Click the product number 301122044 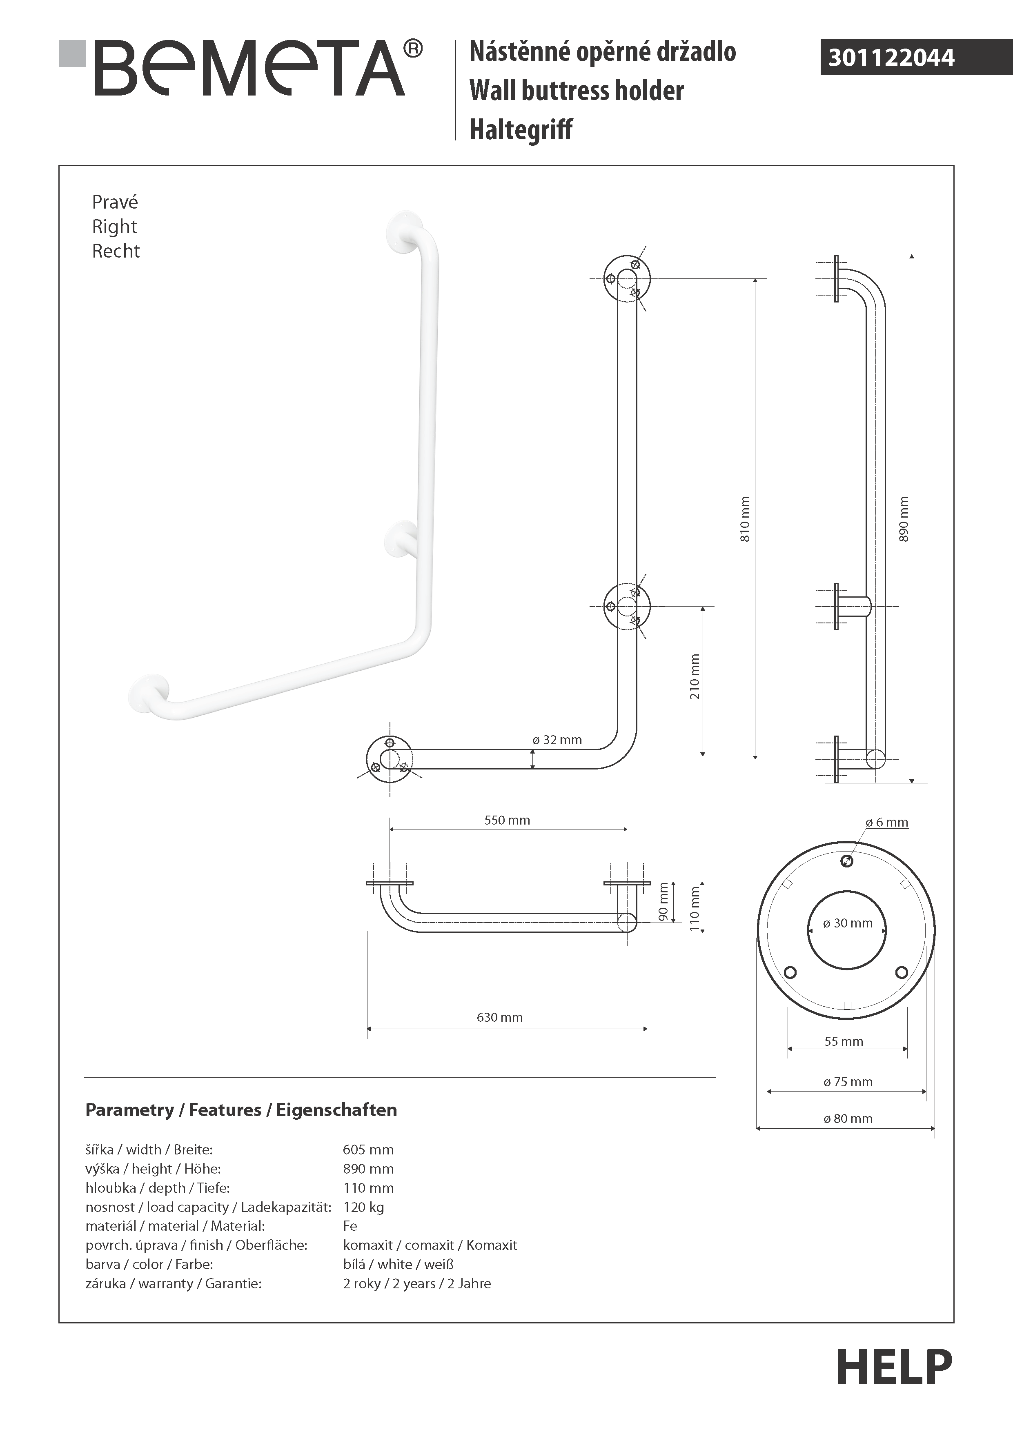click(x=891, y=58)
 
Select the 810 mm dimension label click(x=745, y=519)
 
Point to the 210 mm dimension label click(x=695, y=677)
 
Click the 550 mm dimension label click(x=507, y=820)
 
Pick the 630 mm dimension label click(x=500, y=1017)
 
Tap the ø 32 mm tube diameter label click(x=557, y=740)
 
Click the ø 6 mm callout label click(x=886, y=822)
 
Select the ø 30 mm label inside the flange click(x=848, y=923)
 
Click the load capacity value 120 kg click(x=364, y=1207)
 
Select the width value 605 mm click(x=368, y=1150)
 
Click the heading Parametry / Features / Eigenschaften click(x=241, y=1110)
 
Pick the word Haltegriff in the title click(x=521, y=130)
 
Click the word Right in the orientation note click(x=114, y=227)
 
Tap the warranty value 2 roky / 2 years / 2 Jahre click(x=417, y=1283)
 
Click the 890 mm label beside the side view click(x=904, y=519)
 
